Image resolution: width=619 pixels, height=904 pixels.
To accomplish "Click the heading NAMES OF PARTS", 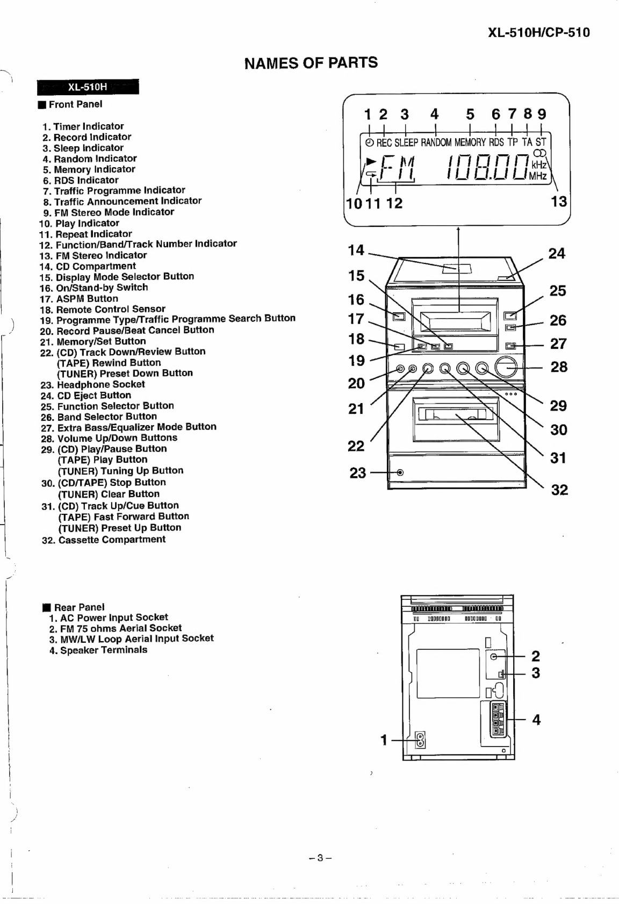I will pyautogui.click(x=311, y=63).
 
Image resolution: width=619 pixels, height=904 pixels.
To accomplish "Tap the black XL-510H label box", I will pyautogui.click(x=88, y=87).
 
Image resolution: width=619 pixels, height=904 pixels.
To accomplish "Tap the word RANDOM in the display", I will pyautogui.click(x=436, y=142).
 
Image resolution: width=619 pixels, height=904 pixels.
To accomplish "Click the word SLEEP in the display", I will pyautogui.click(x=406, y=142).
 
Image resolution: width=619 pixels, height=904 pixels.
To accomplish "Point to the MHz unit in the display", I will pyautogui.click(x=537, y=176).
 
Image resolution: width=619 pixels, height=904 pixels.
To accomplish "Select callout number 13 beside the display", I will pyautogui.click(x=559, y=202).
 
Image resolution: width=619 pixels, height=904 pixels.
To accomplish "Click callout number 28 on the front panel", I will pyautogui.click(x=559, y=367).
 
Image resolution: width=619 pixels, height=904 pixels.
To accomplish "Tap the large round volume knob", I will pyautogui.click(x=506, y=368).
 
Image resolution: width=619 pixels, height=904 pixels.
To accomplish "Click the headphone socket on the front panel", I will pyautogui.click(x=400, y=472).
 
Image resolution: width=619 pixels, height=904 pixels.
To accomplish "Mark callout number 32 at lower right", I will pyautogui.click(x=559, y=490).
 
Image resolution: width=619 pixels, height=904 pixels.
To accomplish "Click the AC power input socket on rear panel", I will pyautogui.click(x=420, y=740).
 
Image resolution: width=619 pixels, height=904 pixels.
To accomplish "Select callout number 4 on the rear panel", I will pyautogui.click(x=536, y=720).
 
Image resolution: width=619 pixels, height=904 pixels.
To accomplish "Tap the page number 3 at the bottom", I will pyautogui.click(x=320, y=858).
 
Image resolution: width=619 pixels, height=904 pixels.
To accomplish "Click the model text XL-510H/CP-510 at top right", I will pyautogui.click(x=538, y=32).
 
